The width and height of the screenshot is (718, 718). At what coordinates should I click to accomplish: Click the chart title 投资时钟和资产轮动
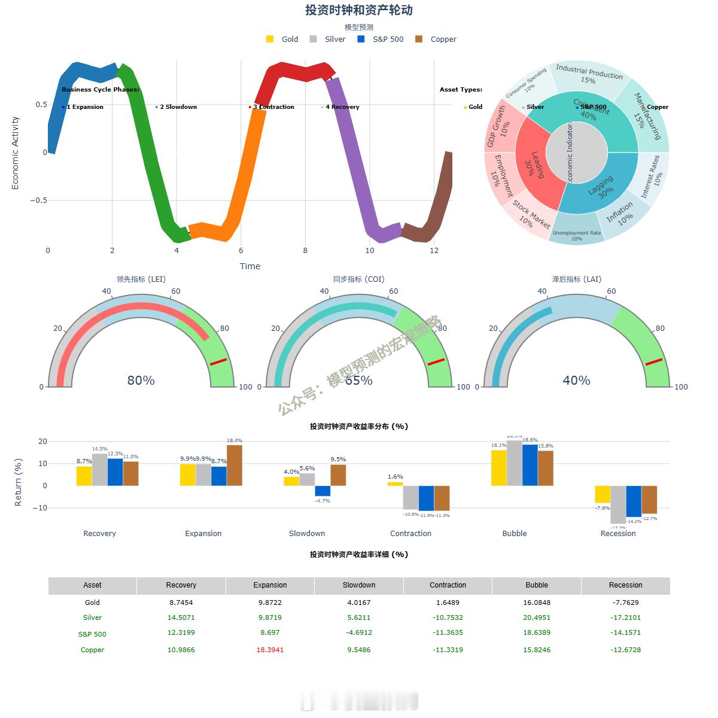click(359, 10)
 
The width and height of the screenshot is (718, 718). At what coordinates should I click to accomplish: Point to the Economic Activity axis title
click(16, 153)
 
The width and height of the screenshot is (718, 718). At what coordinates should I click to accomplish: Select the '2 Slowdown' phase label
click(178, 107)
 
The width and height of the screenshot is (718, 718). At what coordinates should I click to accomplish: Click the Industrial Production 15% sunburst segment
click(589, 74)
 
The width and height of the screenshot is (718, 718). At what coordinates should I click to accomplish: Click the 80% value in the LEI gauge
click(141, 381)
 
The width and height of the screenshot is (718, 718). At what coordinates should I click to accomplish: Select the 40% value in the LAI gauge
click(577, 381)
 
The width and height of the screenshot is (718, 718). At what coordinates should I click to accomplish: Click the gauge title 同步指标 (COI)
click(359, 279)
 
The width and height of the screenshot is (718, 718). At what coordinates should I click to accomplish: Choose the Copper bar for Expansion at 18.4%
click(235, 465)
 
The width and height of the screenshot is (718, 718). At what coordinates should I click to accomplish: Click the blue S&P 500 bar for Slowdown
click(323, 491)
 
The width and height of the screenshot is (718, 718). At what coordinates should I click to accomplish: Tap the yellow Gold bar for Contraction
click(395, 483)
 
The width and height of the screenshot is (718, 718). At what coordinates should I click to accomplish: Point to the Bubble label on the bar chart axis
click(515, 533)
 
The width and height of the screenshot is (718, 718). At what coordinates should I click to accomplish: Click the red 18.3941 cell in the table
click(270, 650)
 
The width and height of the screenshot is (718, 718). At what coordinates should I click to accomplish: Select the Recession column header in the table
click(625, 585)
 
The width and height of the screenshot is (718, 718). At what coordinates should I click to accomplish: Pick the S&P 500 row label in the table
click(92, 634)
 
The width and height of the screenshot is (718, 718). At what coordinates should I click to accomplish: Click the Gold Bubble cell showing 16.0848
click(537, 603)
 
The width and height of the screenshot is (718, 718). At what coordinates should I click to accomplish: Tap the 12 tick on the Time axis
click(434, 251)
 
